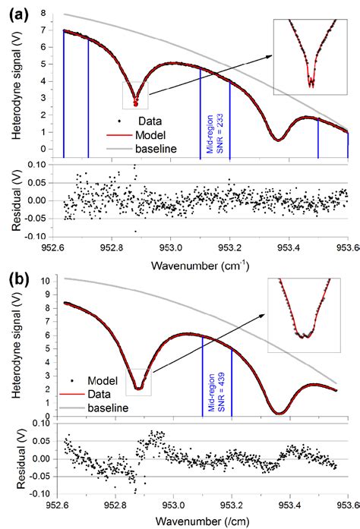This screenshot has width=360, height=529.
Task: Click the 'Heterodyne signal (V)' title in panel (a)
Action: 17,91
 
